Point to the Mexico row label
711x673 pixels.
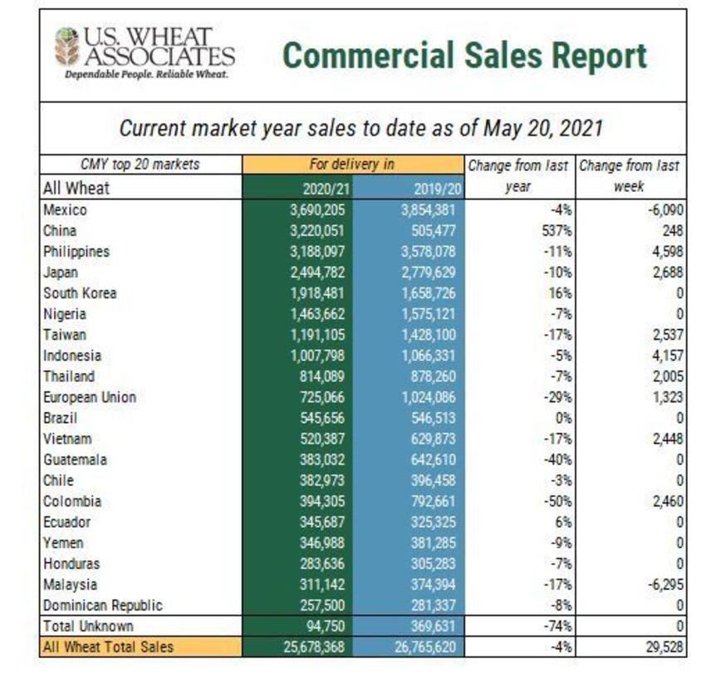coord(65,209)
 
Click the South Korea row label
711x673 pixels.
coord(80,292)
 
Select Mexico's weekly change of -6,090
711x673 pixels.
coord(662,209)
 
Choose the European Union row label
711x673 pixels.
coord(89,396)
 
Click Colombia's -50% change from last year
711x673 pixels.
coord(558,501)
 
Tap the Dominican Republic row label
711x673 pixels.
coord(102,605)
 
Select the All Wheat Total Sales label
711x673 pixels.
coord(108,646)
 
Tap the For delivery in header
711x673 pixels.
coord(351,165)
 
